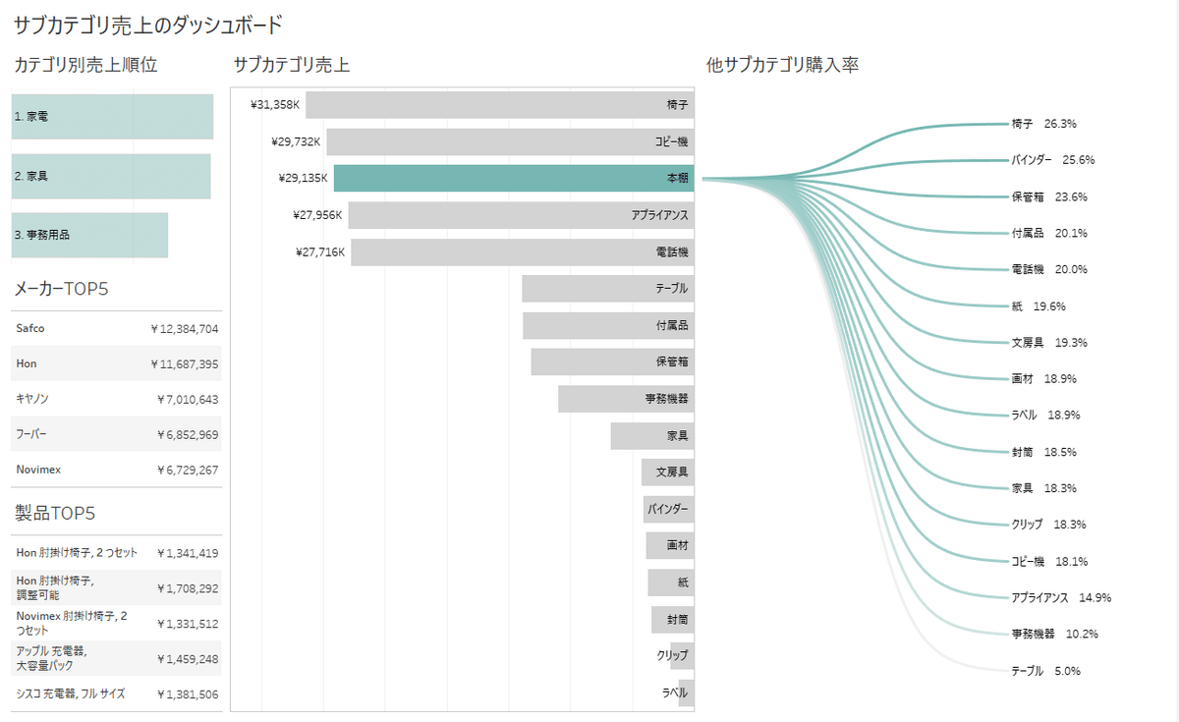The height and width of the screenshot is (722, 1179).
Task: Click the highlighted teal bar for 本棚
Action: coord(513,179)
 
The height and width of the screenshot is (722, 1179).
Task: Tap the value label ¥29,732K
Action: coord(296,141)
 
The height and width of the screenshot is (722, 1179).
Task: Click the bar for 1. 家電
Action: coord(112,116)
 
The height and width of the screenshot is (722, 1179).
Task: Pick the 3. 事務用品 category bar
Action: coord(89,235)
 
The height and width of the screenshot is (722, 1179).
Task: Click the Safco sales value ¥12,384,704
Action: coord(185,328)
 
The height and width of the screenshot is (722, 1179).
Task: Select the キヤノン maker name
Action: coord(32,399)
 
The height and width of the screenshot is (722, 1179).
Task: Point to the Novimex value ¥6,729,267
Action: coord(187,470)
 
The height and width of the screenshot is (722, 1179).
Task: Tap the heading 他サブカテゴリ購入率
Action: coord(783,66)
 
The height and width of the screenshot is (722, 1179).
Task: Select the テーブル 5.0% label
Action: coord(1045,671)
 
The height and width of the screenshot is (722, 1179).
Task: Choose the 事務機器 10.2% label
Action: coord(1054,635)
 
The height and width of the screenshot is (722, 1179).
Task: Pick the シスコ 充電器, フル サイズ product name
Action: coord(71,694)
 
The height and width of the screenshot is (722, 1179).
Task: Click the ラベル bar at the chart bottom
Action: coord(686,693)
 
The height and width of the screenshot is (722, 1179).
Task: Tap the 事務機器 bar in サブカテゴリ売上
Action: coord(626,399)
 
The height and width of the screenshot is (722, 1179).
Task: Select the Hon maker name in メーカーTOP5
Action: coord(27,363)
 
